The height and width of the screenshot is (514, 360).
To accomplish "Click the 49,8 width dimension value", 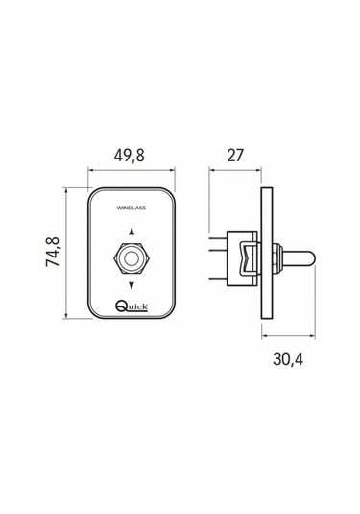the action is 129,156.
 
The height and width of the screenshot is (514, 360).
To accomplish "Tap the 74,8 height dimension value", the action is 53,252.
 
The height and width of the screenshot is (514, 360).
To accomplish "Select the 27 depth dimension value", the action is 235,156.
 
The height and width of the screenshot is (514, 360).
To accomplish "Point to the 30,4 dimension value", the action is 288,359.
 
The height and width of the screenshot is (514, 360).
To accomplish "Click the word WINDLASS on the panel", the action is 132,208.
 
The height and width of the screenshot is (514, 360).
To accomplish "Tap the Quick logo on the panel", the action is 132,306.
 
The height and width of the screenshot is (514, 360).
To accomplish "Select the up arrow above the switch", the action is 132,232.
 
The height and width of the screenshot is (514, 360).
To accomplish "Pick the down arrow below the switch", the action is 132,286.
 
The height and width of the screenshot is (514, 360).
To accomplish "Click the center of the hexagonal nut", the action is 132,258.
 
